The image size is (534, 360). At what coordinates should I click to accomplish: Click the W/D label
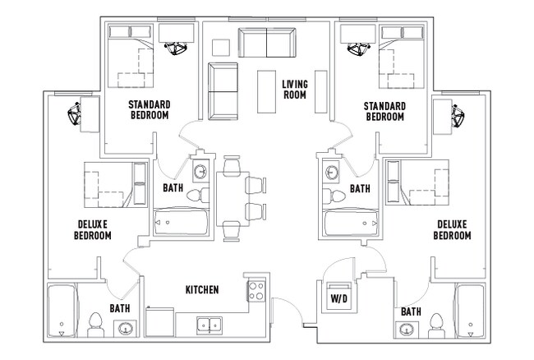[x=339, y=298]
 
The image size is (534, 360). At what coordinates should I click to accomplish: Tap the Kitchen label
[x=202, y=290]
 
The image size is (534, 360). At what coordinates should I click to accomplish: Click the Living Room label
[x=295, y=90]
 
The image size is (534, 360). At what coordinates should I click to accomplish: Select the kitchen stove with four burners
[x=256, y=290]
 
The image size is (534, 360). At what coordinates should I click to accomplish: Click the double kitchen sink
[x=209, y=325]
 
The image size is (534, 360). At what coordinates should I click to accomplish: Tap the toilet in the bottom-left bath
[x=95, y=325]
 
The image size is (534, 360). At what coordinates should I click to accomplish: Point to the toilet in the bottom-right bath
[x=436, y=325]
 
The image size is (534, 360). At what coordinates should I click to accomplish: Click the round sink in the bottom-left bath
[x=125, y=329]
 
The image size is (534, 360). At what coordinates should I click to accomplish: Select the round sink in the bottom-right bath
[x=407, y=330]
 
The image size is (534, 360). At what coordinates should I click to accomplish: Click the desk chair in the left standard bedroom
[x=176, y=48]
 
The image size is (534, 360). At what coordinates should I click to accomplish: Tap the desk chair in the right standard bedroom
[x=358, y=48]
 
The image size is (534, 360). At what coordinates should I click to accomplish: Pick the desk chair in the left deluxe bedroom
[x=74, y=113]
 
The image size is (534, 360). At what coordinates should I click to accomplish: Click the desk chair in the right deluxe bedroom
[x=458, y=115]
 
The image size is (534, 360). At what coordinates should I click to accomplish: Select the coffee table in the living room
[x=266, y=91]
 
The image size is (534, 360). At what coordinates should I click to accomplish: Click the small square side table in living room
[x=221, y=48]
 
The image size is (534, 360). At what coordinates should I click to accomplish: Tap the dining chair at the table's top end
[x=232, y=165]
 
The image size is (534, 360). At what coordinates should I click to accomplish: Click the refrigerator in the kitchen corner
[x=160, y=322]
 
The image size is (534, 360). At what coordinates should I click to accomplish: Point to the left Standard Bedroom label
[x=150, y=109]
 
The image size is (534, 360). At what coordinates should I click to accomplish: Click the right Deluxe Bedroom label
[x=452, y=230]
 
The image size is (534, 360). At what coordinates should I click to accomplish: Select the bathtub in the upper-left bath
[x=182, y=223]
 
